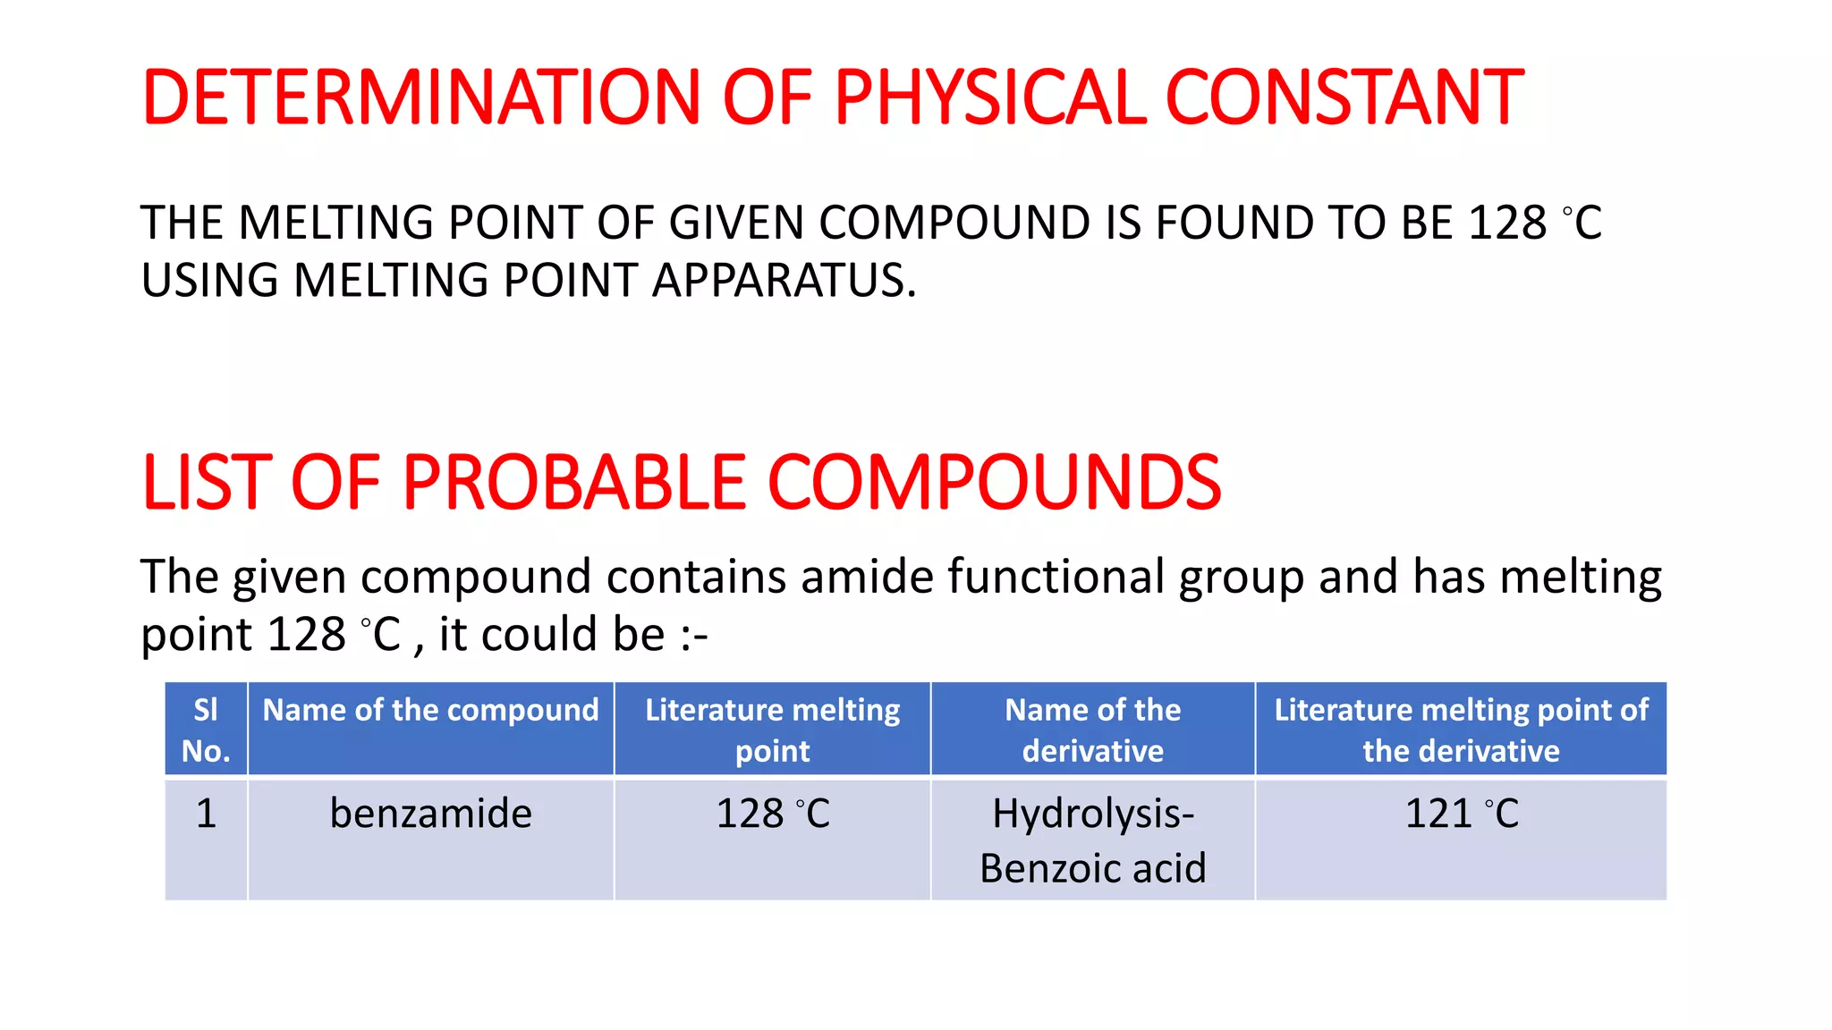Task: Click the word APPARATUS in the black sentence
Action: coord(784,280)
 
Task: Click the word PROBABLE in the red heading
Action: coord(574,483)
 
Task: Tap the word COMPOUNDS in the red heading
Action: coord(994,483)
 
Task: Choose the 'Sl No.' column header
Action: coord(206,730)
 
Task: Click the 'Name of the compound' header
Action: coord(430,710)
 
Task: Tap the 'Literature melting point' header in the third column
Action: coord(772,730)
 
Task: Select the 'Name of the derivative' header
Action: coord(1092,730)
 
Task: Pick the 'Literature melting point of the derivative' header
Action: coord(1461,730)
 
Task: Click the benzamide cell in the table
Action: coord(430,814)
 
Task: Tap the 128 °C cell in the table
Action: coord(772,814)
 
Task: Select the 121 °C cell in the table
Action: coord(1461,814)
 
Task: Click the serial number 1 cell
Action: coord(206,814)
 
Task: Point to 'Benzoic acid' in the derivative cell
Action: coord(1092,868)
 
